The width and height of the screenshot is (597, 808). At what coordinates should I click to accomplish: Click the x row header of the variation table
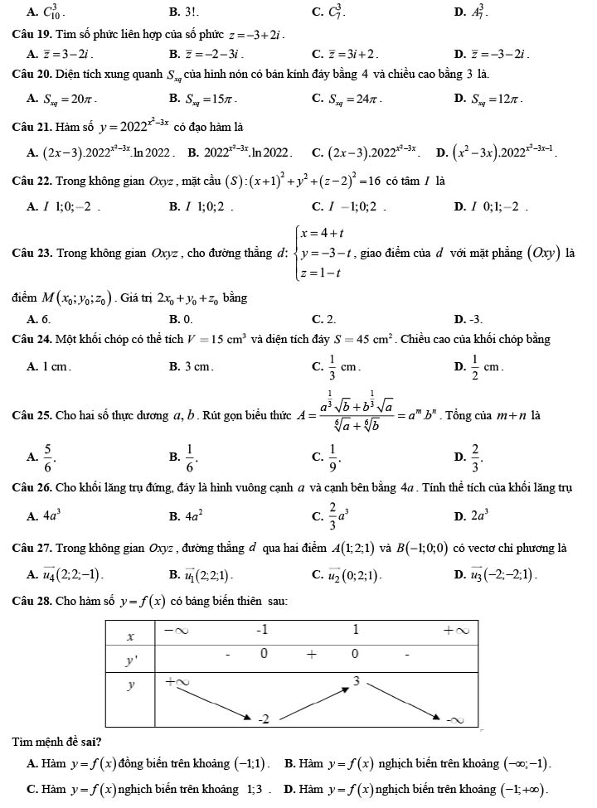(x=130, y=635)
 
